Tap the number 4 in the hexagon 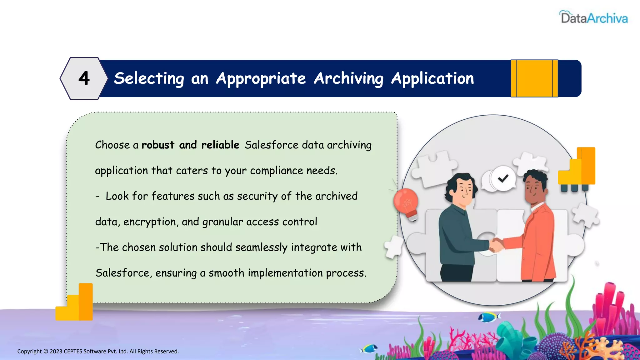(84, 78)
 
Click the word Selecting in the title (149, 78)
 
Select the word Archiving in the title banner (348, 78)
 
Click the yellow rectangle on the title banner (534, 78)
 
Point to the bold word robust (158, 145)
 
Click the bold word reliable (220, 145)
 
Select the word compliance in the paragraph (276, 171)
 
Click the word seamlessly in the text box (261, 247)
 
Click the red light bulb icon (406, 202)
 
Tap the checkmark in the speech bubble (503, 178)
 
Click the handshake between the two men (496, 245)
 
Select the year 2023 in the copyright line (56, 352)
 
